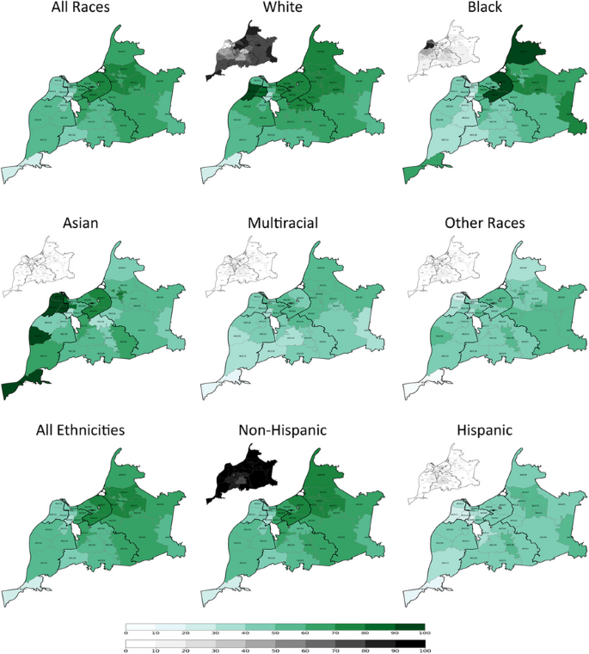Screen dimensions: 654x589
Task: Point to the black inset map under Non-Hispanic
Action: [242, 473]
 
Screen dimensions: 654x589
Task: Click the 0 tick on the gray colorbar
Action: [126, 651]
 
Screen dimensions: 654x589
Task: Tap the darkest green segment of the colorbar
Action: [409, 627]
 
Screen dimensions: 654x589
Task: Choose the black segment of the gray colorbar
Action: [409, 643]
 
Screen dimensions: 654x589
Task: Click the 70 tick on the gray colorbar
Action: [334, 651]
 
